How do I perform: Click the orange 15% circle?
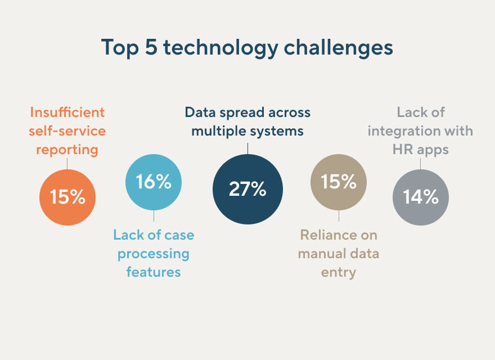click(67, 197)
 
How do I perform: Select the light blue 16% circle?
click(154, 182)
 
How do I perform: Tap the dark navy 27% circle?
click(248, 189)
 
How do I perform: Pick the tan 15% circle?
click(339, 182)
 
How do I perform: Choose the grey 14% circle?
click(421, 197)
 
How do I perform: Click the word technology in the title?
click(220, 48)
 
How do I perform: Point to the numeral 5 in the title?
click(151, 47)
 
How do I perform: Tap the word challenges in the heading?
click(338, 48)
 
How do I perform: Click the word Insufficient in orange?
click(67, 112)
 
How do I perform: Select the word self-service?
click(67, 131)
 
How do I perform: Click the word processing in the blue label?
click(154, 254)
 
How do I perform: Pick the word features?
click(154, 272)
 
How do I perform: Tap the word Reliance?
click(323, 235)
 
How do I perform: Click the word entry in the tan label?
click(339, 273)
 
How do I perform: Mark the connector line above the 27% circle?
click(248, 148)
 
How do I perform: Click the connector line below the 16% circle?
click(154, 215)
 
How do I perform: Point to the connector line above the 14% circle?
click(421, 164)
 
